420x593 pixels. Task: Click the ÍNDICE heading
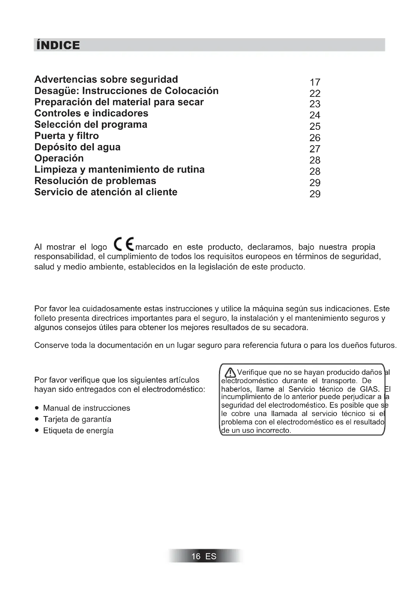[58, 45]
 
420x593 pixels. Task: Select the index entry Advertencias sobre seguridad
[106, 79]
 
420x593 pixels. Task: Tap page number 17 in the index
[315, 82]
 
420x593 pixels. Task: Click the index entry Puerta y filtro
[67, 136]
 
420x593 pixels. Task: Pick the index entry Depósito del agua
[77, 147]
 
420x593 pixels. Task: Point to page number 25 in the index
[315, 126]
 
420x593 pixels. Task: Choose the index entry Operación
[59, 158]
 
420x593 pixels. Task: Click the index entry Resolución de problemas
[95, 181]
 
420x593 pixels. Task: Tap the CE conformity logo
[124, 244]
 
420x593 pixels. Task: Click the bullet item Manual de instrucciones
[86, 408]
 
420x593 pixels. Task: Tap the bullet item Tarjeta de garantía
[77, 419]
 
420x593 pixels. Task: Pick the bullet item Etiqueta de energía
[78, 430]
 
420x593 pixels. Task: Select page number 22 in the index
[315, 93]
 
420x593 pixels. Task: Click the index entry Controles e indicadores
[91, 113]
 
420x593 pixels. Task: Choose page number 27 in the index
[315, 149]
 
